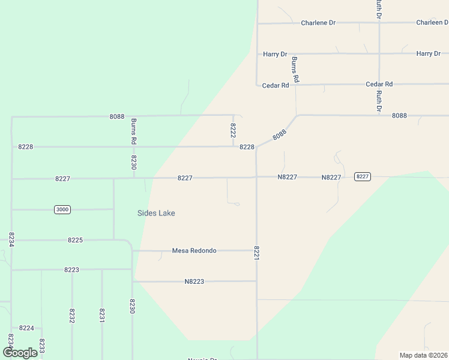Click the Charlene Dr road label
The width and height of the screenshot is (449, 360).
[x=318, y=23]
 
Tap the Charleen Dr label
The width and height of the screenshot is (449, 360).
[x=432, y=23]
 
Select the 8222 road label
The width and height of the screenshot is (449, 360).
[x=233, y=131]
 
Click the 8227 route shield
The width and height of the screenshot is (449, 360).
[x=362, y=176]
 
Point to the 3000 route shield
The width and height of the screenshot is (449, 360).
[x=61, y=209]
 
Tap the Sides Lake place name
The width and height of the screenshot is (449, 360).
[x=156, y=213]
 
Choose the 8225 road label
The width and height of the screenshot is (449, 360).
[x=75, y=240]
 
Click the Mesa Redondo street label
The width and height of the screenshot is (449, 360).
[x=194, y=251]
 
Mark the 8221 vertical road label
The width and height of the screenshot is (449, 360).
[x=257, y=253]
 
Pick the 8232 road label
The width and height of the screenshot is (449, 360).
[x=72, y=316]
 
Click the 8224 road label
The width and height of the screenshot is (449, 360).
[x=26, y=328]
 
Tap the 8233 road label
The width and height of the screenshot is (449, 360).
[x=42, y=346]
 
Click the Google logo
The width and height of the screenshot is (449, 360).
[x=20, y=352]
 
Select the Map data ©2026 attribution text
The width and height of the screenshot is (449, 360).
[x=423, y=355]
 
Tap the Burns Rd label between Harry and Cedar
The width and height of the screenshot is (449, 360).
[x=295, y=70]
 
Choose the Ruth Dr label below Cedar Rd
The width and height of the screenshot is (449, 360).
[x=379, y=100]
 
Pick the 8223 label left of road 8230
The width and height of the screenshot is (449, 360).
[x=71, y=270]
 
